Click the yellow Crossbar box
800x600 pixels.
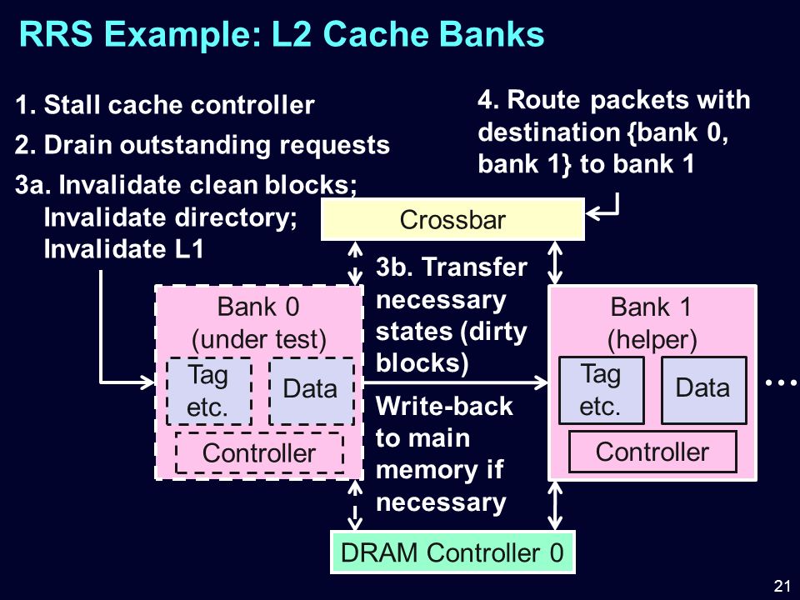452,219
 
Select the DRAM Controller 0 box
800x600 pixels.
452,552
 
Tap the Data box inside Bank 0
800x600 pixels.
311,391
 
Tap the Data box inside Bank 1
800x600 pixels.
703,390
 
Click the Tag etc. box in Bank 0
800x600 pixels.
208,391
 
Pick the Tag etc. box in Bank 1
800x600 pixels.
602,390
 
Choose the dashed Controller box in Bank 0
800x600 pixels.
259,453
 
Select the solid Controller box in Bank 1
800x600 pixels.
652,452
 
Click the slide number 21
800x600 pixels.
782,585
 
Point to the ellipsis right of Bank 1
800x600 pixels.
781,382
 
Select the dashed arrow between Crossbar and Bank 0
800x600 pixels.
355,262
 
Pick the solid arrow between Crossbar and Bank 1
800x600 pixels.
555,262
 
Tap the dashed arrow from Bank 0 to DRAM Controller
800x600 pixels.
355,505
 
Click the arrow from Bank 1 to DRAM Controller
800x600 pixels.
555,505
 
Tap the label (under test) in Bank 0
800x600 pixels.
258,339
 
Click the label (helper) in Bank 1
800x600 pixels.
652,339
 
